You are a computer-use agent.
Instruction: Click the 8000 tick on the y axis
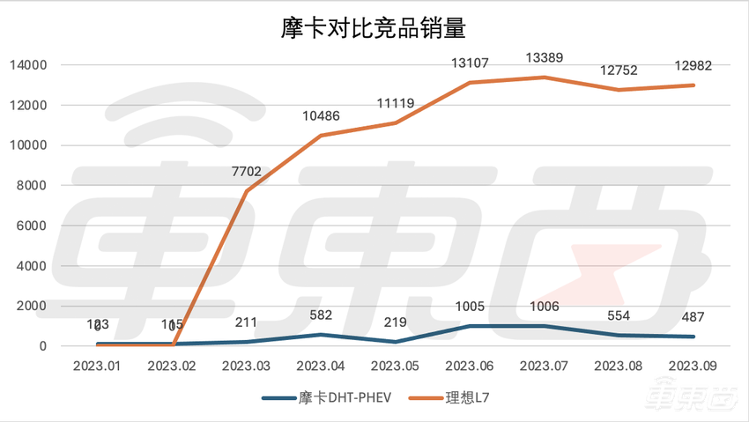pos(33,186)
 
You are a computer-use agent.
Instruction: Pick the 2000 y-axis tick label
pos(33,306)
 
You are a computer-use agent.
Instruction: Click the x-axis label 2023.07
pos(544,364)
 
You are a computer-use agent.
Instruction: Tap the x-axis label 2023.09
pos(692,364)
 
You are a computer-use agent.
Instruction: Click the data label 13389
pos(544,57)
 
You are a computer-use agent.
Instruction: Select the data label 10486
pos(322,115)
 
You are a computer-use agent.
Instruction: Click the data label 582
pos(322,315)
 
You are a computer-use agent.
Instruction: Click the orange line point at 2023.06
pos(470,83)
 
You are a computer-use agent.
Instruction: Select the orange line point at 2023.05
pos(396,122)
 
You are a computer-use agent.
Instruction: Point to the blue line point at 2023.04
pos(322,334)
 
